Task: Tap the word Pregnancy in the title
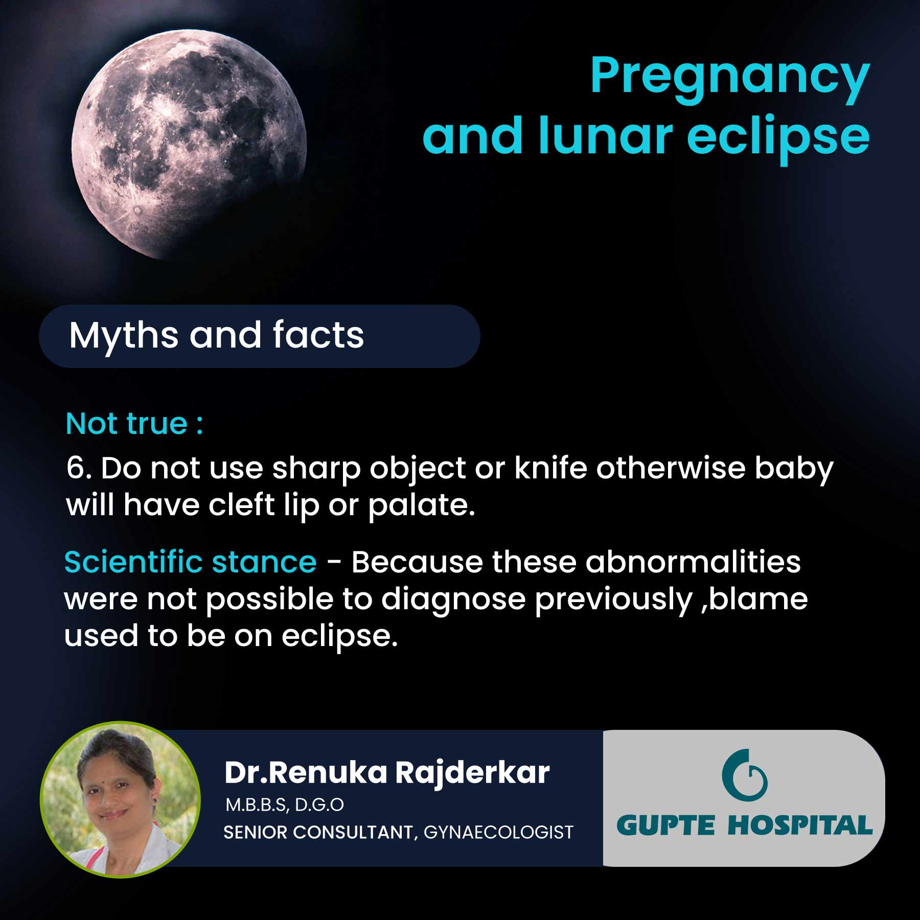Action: point(729,77)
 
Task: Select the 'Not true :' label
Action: point(134,424)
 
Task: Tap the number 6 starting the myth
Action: point(75,468)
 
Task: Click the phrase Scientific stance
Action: point(190,562)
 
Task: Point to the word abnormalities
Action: point(693,562)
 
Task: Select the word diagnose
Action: point(453,600)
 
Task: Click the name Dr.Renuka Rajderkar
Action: point(387,772)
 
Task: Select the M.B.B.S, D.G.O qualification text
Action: point(285,805)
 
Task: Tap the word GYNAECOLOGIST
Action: point(498,833)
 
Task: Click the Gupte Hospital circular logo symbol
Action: point(744,775)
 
